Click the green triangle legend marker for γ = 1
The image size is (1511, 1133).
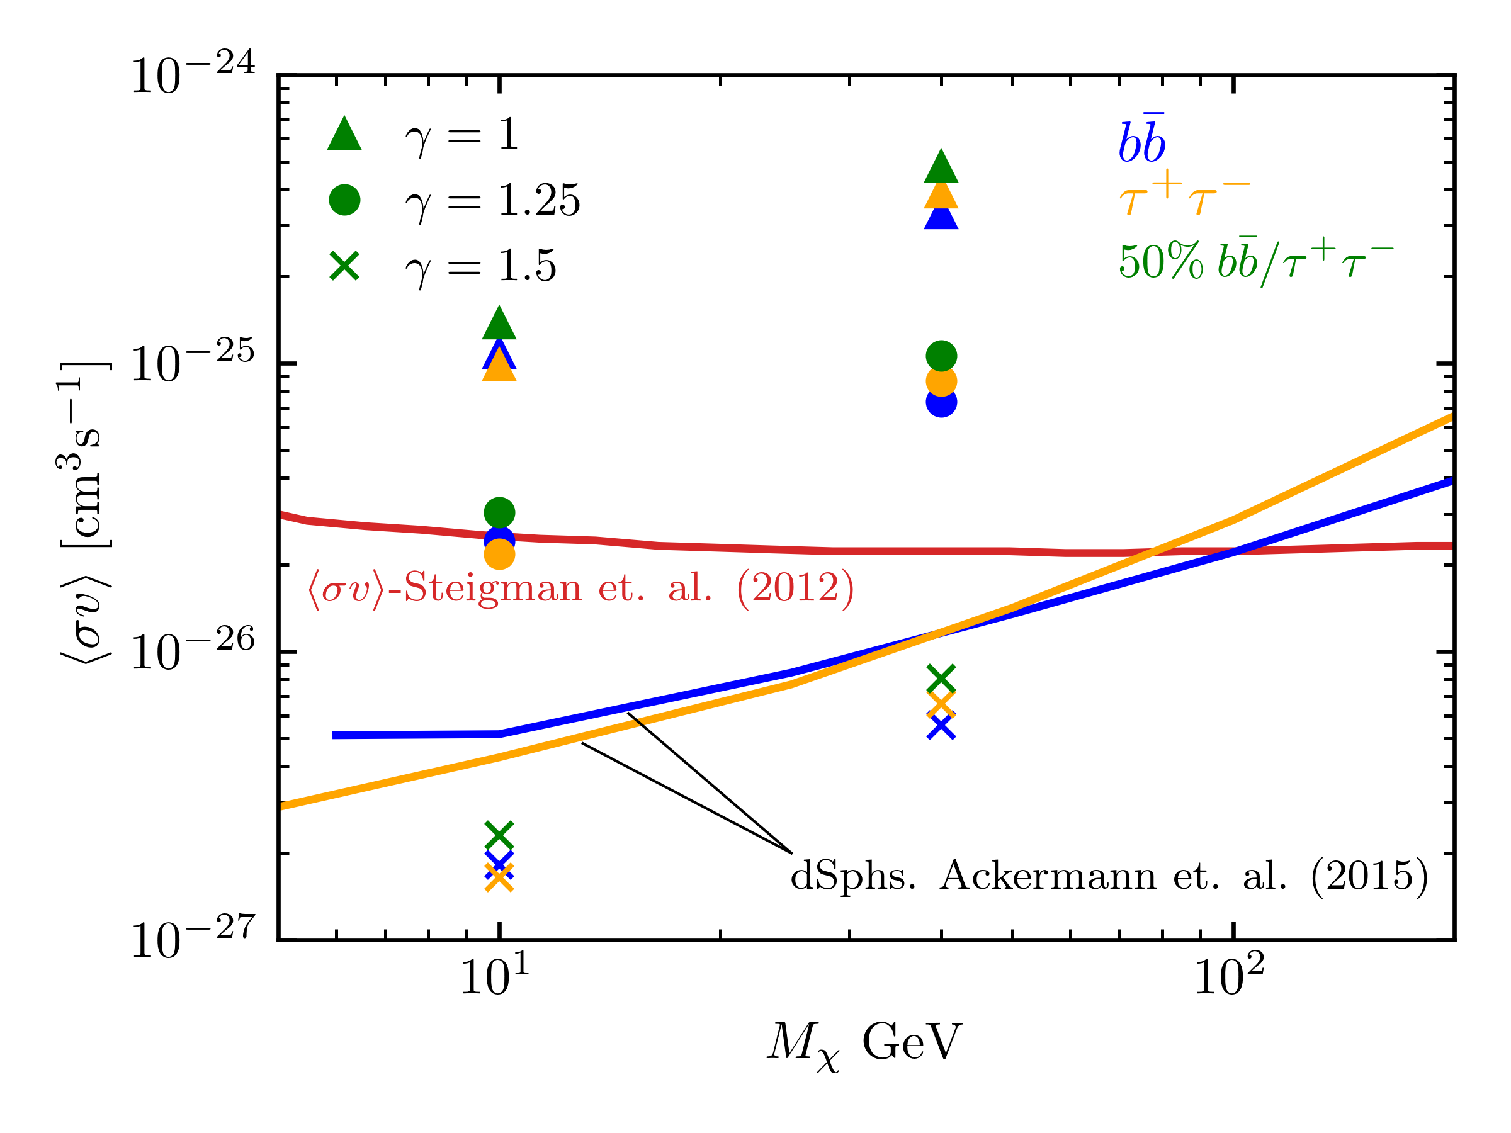[344, 134]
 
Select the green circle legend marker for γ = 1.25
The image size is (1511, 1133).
[344, 200]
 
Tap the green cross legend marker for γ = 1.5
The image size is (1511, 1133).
[344, 266]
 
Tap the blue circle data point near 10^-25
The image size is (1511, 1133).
[941, 402]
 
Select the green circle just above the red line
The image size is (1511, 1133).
[499, 513]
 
